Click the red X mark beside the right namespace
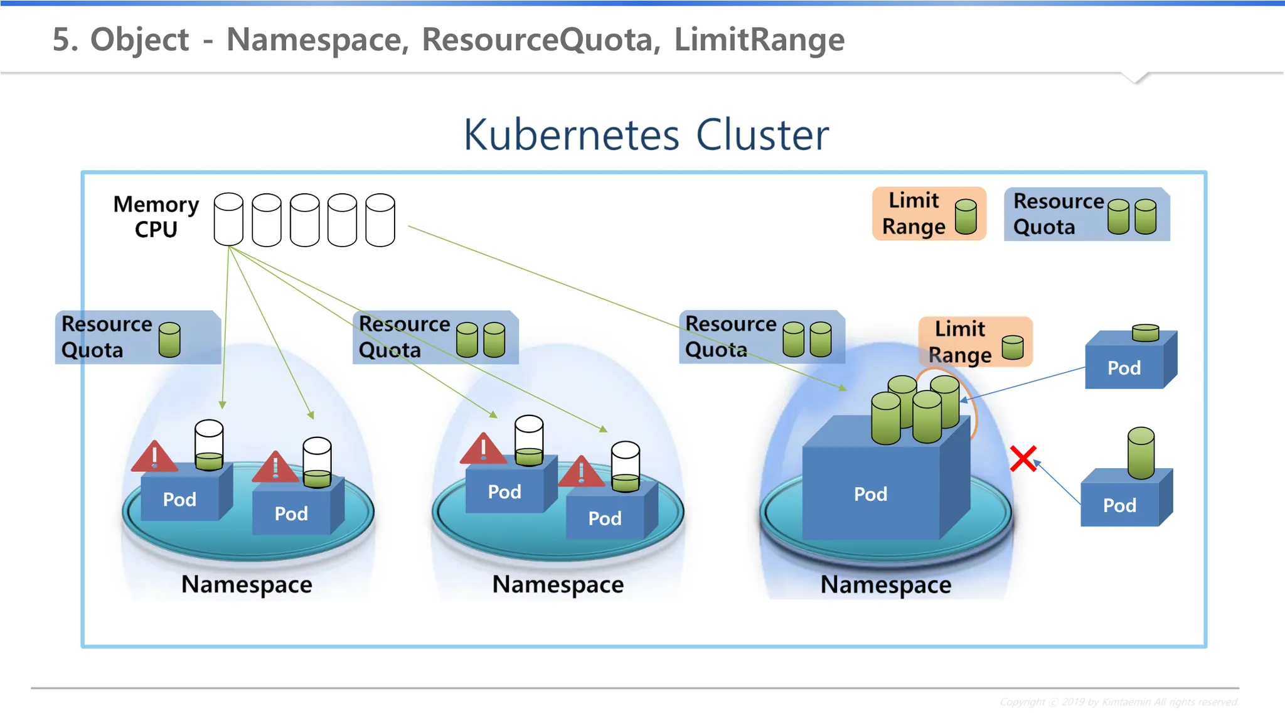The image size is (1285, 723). coord(1023,459)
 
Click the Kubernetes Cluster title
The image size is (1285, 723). coord(646,135)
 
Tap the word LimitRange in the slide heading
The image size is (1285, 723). coord(759,40)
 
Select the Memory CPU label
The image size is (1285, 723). coord(156,217)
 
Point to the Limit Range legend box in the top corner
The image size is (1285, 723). coord(929,213)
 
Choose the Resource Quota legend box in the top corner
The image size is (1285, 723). coord(1087,214)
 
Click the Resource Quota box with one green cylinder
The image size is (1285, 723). coord(138,337)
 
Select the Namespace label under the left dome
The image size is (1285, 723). coord(247,584)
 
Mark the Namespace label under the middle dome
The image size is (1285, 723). coord(558,584)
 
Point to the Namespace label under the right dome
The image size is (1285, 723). coord(885,585)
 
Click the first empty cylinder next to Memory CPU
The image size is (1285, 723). coord(228,219)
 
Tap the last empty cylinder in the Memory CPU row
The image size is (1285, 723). coord(380,220)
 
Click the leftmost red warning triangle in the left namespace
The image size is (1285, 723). coord(154,458)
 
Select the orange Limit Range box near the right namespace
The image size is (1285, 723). coord(975,341)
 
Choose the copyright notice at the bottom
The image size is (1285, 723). coord(1118,702)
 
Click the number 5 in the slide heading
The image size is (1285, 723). coord(61,40)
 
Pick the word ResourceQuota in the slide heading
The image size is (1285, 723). coord(540,40)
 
